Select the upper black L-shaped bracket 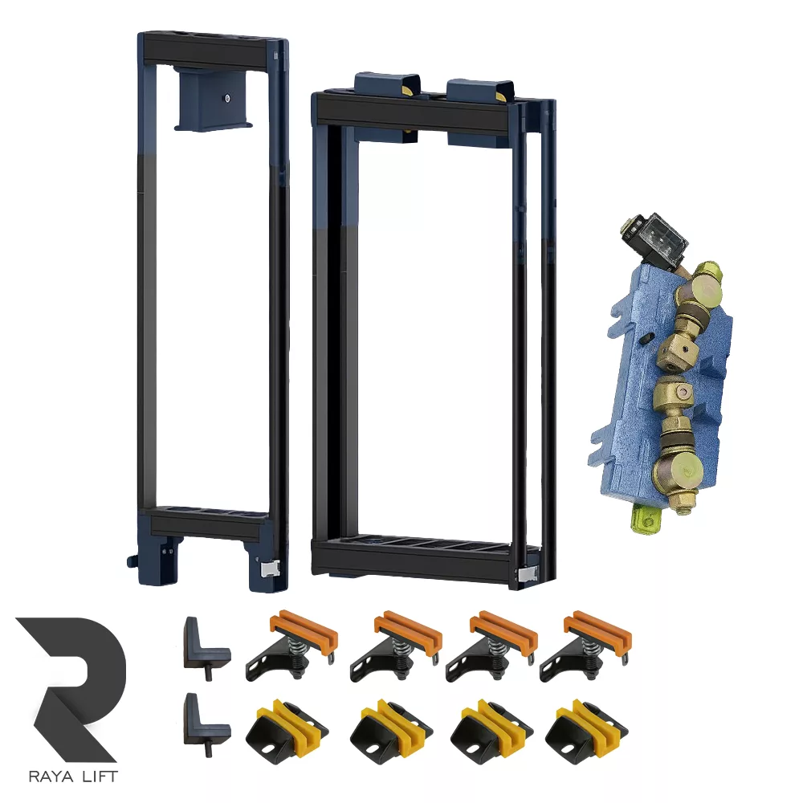click(206, 648)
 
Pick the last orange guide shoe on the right click(585, 646)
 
